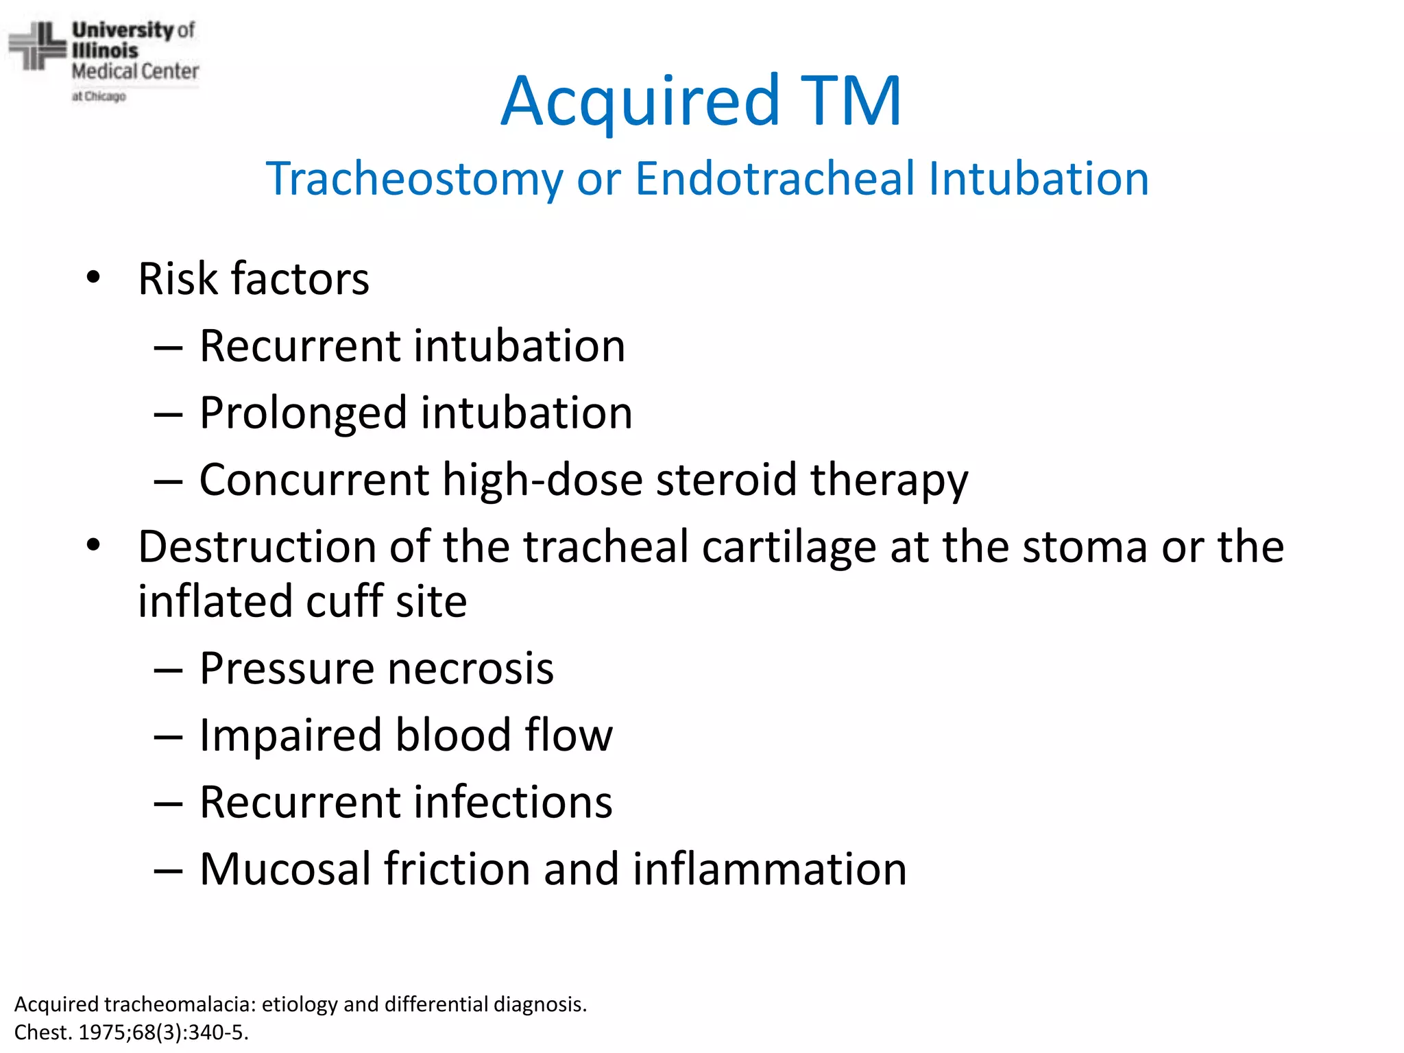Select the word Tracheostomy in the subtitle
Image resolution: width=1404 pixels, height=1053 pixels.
[x=414, y=179]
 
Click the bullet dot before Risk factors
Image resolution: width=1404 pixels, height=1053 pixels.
[x=93, y=278]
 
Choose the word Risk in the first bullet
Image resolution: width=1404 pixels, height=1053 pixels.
[x=178, y=279]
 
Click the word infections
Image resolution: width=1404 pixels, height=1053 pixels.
[x=516, y=802]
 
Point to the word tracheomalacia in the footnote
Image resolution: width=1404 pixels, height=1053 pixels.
[x=180, y=1004]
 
